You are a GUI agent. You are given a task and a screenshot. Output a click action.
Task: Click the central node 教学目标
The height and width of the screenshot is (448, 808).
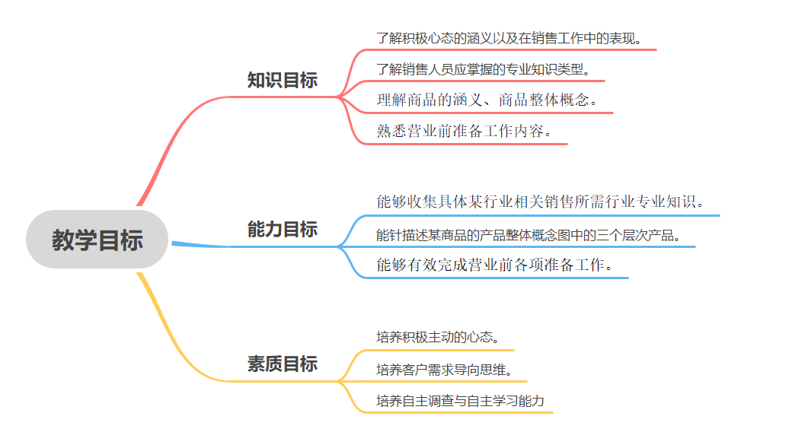(x=97, y=240)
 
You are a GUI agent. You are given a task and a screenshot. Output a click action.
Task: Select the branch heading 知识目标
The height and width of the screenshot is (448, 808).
(x=283, y=81)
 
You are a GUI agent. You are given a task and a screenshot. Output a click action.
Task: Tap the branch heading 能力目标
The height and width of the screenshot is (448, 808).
(x=283, y=230)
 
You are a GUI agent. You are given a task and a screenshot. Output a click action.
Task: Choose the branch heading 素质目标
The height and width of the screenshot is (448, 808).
(x=283, y=364)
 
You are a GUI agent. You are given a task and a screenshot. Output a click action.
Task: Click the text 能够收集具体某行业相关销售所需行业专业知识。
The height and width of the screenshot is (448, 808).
(x=540, y=202)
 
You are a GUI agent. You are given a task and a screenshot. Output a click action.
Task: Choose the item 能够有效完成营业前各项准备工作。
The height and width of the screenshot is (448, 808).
(x=495, y=265)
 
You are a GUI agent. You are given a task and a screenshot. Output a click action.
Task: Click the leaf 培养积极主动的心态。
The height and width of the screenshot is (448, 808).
(x=439, y=337)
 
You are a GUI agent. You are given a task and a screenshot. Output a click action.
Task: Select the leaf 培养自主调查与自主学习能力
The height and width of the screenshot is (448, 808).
(x=461, y=401)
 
